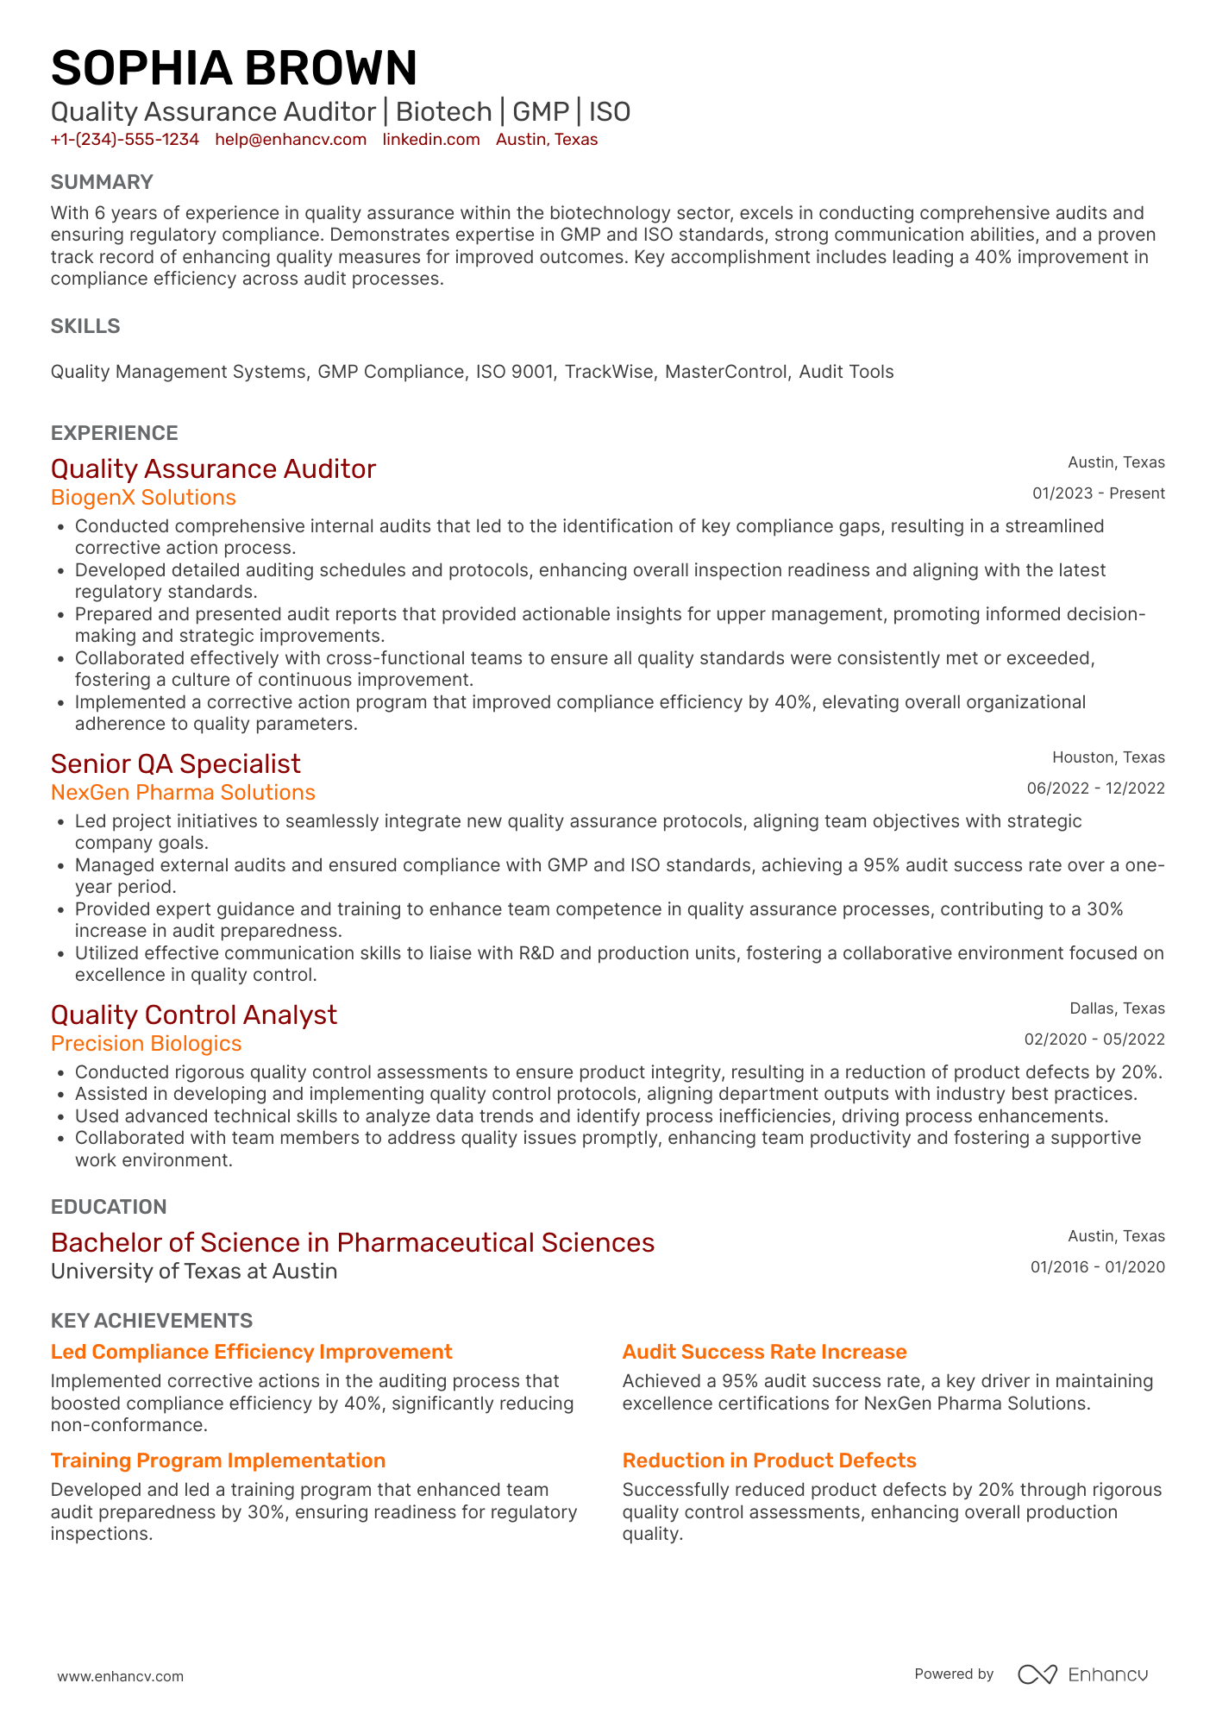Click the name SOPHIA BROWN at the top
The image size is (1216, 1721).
coord(234,68)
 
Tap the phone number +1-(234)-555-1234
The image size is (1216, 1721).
coord(125,140)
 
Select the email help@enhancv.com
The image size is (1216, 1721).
coord(291,140)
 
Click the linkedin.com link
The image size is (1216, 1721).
coord(431,140)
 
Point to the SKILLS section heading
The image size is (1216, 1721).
coord(85,326)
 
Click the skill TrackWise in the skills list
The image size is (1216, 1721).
coord(609,372)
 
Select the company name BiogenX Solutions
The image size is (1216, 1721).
coord(143,498)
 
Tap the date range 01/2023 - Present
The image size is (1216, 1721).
coord(1098,493)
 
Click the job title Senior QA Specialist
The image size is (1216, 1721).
coord(176,763)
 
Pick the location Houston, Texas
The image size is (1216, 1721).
coord(1108,757)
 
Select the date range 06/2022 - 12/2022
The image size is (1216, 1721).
coord(1095,788)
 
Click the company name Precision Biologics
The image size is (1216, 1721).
coord(146,1044)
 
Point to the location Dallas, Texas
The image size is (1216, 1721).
coord(1117,1008)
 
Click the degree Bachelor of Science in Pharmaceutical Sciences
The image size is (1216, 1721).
coord(353,1242)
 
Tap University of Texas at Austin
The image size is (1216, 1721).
coord(194,1272)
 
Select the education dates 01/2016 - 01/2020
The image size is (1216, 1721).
coord(1097,1267)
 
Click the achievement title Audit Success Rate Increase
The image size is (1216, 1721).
coord(764,1352)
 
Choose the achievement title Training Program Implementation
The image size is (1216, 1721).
coord(218,1460)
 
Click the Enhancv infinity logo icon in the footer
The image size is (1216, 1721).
coord(1037,1674)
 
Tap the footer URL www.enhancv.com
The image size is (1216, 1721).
coord(121,1676)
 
